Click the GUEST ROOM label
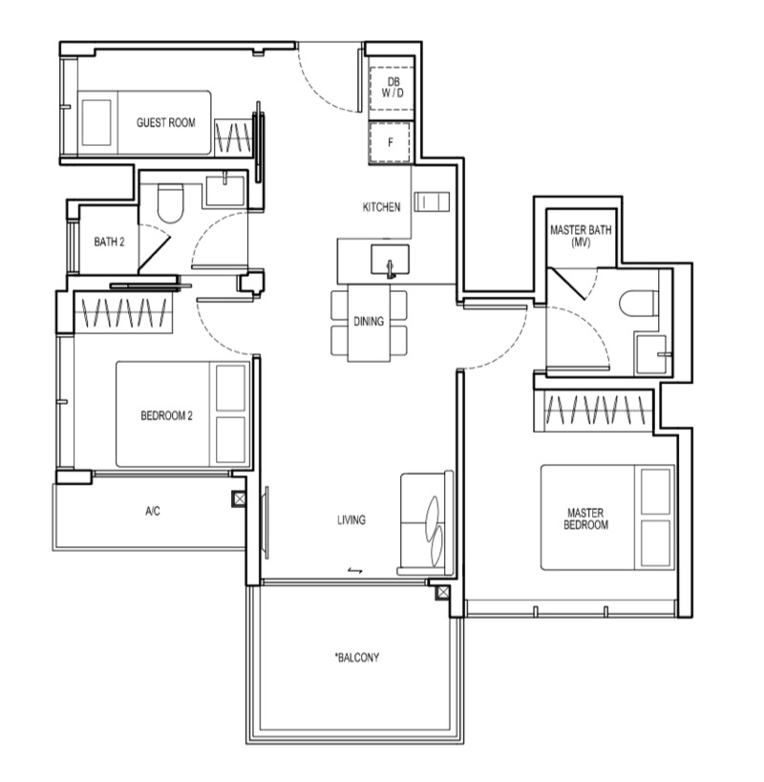[x=165, y=122]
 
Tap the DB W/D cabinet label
[x=393, y=87]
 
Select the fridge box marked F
[x=390, y=142]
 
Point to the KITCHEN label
[x=381, y=206]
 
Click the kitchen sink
[x=390, y=260]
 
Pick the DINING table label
[x=369, y=321]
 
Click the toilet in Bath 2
[x=170, y=203]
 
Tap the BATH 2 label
[x=109, y=242]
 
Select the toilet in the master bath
[x=638, y=303]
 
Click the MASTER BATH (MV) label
[x=581, y=236]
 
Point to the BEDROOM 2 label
[x=166, y=415]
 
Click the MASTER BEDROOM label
[x=585, y=518]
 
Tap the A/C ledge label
[x=153, y=511]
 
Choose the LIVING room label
[x=351, y=519]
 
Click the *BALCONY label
[x=357, y=657]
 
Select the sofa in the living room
[x=425, y=522]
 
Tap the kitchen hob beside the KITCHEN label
[x=432, y=201]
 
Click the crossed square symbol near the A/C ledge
[x=240, y=498]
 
